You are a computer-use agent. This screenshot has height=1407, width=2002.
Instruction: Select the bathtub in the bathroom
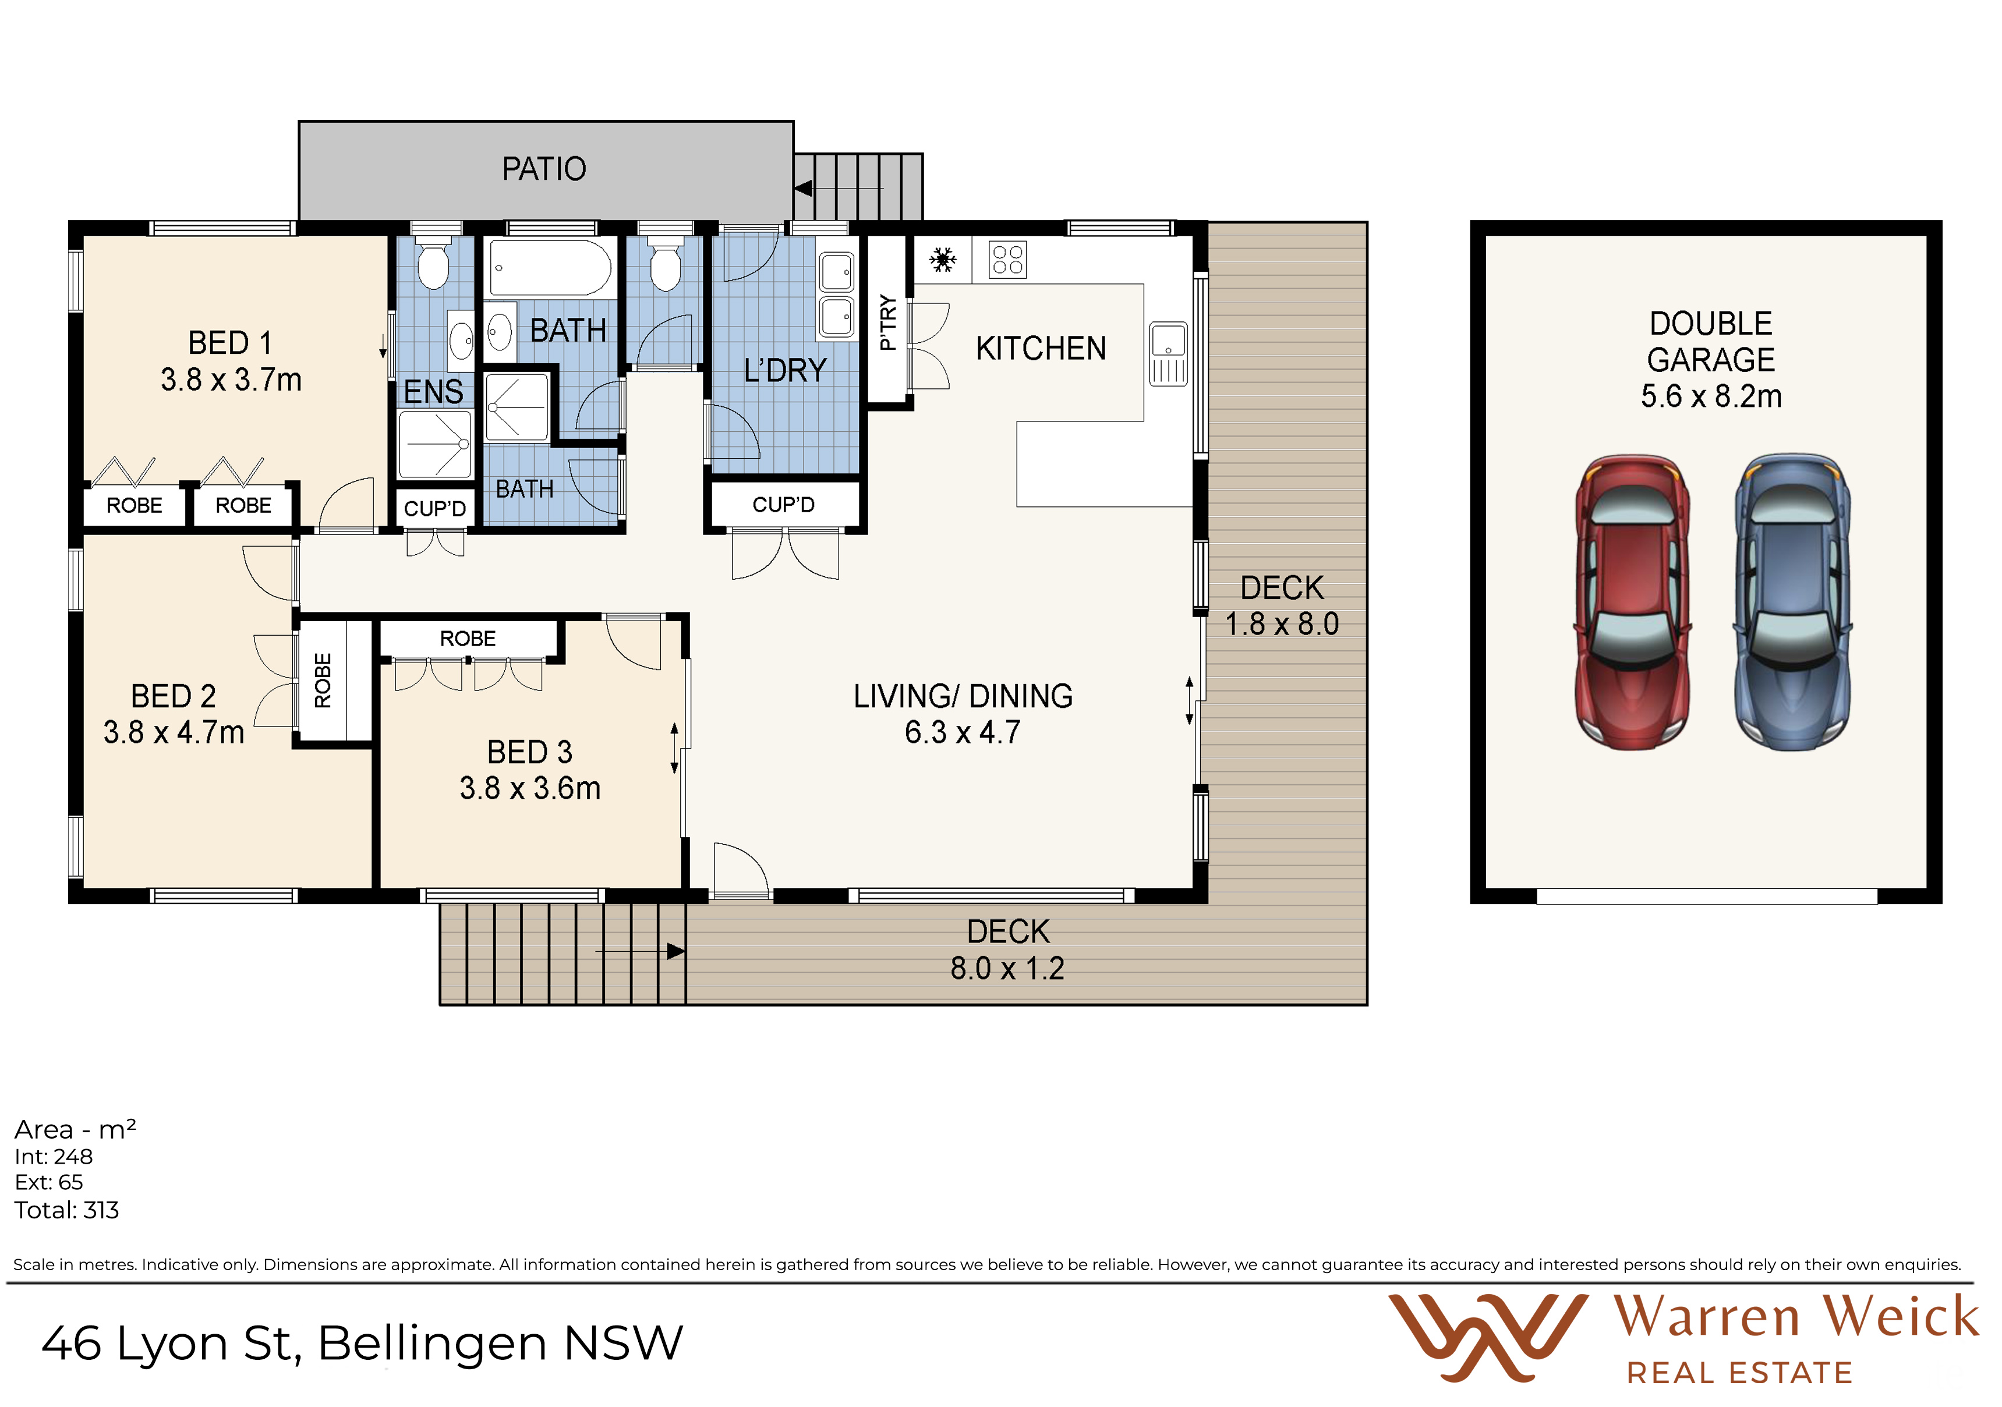coord(550,268)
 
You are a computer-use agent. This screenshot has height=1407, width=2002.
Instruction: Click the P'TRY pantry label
coord(887,322)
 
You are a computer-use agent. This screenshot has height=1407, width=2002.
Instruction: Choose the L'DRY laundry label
coord(785,370)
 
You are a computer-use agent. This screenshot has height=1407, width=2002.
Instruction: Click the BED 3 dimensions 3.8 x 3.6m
coord(530,789)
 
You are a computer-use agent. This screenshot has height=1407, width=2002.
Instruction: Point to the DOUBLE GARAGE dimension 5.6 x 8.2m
coord(1711,396)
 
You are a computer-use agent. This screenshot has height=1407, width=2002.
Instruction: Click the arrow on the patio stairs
coord(838,188)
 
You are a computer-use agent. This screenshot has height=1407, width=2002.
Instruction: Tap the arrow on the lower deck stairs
coord(640,951)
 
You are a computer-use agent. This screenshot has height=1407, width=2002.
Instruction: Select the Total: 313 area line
coord(66,1210)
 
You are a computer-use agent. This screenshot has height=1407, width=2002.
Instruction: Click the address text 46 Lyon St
coord(171,1344)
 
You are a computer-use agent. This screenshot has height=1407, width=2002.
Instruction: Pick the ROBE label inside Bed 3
coord(468,639)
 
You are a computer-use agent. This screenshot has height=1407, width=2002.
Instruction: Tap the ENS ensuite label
coord(433,391)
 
